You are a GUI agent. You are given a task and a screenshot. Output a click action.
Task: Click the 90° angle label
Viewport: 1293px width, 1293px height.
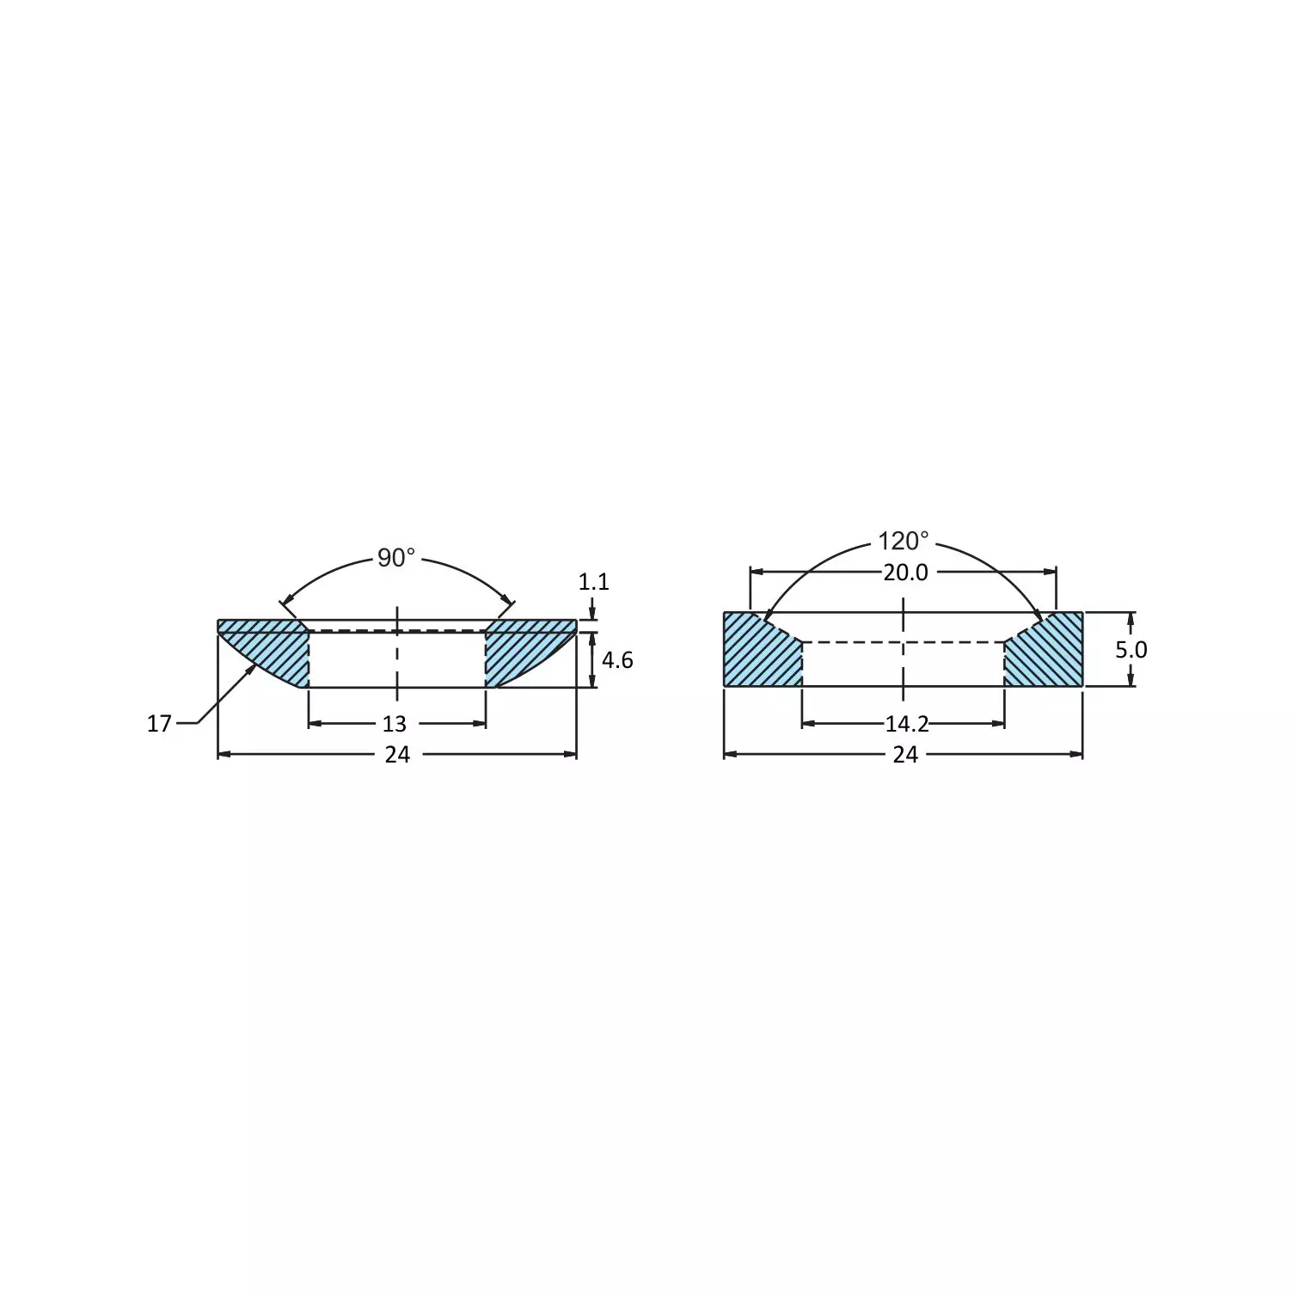pyautogui.click(x=396, y=559)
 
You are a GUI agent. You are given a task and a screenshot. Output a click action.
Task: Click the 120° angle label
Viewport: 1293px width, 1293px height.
pyautogui.click(x=903, y=542)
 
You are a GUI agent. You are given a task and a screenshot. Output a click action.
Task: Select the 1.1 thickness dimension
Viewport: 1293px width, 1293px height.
pyautogui.click(x=593, y=582)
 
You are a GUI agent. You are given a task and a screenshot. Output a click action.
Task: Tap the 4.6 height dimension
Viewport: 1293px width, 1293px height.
pyautogui.click(x=616, y=660)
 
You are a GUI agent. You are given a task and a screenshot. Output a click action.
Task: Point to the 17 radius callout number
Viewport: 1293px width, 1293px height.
pyautogui.click(x=159, y=724)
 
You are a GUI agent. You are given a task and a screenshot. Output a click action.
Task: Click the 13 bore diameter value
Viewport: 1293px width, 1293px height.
pyautogui.click(x=395, y=725)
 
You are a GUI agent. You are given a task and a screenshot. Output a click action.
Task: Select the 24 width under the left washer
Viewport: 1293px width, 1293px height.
pyautogui.click(x=397, y=755)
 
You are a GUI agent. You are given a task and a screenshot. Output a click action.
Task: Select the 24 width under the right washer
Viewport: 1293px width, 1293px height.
pyautogui.click(x=905, y=755)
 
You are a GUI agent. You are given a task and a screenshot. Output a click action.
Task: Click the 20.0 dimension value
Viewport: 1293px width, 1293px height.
pyautogui.click(x=905, y=573)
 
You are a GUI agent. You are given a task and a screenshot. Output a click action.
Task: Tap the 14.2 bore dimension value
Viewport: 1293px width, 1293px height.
pyautogui.click(x=907, y=725)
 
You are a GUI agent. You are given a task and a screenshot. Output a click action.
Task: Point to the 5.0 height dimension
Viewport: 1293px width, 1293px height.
pyautogui.click(x=1131, y=650)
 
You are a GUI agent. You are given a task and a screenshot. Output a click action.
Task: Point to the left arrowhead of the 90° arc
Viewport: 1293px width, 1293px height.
pyautogui.click(x=286, y=603)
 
